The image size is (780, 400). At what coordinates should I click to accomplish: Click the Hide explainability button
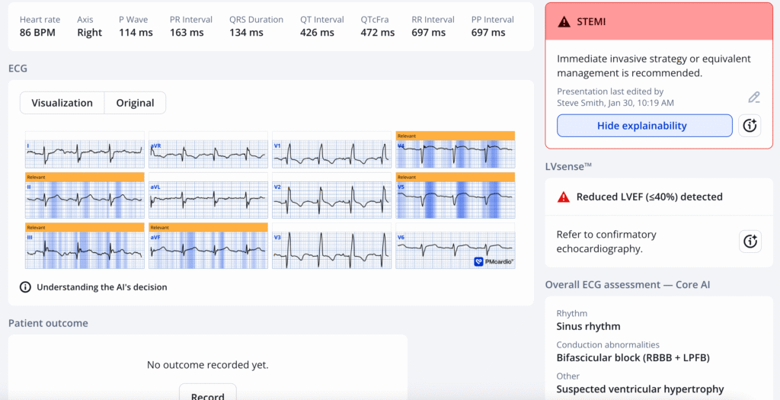(644, 126)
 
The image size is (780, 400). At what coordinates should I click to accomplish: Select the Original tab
(135, 103)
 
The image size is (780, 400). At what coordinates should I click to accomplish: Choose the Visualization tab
(62, 103)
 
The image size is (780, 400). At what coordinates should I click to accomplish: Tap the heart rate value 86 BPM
(37, 33)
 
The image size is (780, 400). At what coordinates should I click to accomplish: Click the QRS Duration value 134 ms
(246, 33)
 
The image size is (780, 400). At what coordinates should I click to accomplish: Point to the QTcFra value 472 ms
(378, 33)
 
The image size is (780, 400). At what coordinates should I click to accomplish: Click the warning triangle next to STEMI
(564, 22)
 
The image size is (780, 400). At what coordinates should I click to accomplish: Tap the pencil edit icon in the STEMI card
(753, 98)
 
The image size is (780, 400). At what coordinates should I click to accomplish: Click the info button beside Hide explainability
(750, 126)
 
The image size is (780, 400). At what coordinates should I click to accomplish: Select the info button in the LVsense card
(750, 242)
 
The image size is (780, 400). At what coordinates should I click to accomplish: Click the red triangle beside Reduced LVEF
(564, 197)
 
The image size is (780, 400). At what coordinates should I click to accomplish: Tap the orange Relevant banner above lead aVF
(208, 227)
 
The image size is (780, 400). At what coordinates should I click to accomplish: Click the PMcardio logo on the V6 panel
(494, 261)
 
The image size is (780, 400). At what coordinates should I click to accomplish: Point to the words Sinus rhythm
(588, 327)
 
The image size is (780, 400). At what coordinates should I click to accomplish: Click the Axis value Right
(89, 33)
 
